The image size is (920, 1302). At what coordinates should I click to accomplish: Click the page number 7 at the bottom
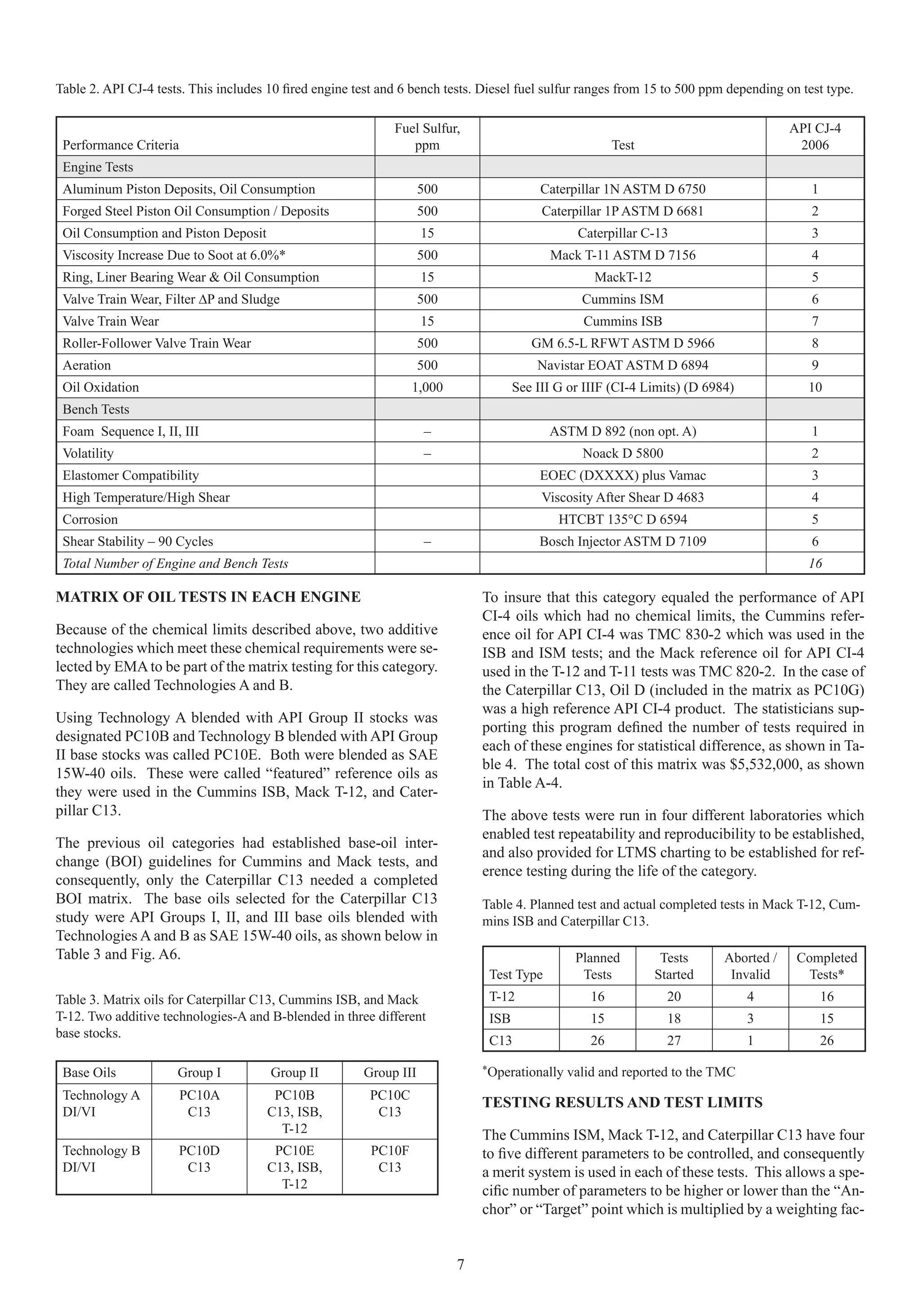point(460,1264)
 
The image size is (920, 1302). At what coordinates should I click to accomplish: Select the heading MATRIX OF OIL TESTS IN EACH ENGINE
point(208,597)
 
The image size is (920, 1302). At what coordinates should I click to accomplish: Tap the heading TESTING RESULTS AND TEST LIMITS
point(623,1102)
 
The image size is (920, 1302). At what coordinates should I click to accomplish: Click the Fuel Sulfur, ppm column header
point(427,137)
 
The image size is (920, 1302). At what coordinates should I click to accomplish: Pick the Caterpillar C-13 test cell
point(623,233)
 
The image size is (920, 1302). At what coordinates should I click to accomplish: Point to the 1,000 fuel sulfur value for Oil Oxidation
point(427,387)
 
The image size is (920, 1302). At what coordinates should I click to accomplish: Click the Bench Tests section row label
point(96,409)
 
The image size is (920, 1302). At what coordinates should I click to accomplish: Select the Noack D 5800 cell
point(623,453)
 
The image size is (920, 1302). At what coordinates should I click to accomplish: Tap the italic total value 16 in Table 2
point(814,564)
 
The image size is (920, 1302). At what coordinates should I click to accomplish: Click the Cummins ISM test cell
point(623,299)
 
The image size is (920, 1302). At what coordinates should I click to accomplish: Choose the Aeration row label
point(87,365)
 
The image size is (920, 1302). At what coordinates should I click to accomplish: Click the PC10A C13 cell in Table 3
point(199,1103)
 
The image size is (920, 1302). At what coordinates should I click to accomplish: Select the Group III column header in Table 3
point(389,1073)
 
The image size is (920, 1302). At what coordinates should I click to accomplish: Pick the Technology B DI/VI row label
point(102,1159)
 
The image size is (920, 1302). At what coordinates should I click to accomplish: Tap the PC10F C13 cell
point(389,1159)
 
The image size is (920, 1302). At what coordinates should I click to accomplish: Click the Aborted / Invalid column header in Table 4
point(750,966)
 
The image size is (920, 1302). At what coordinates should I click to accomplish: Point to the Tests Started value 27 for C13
point(673,1040)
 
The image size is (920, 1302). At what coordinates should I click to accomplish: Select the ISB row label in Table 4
point(500,1018)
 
